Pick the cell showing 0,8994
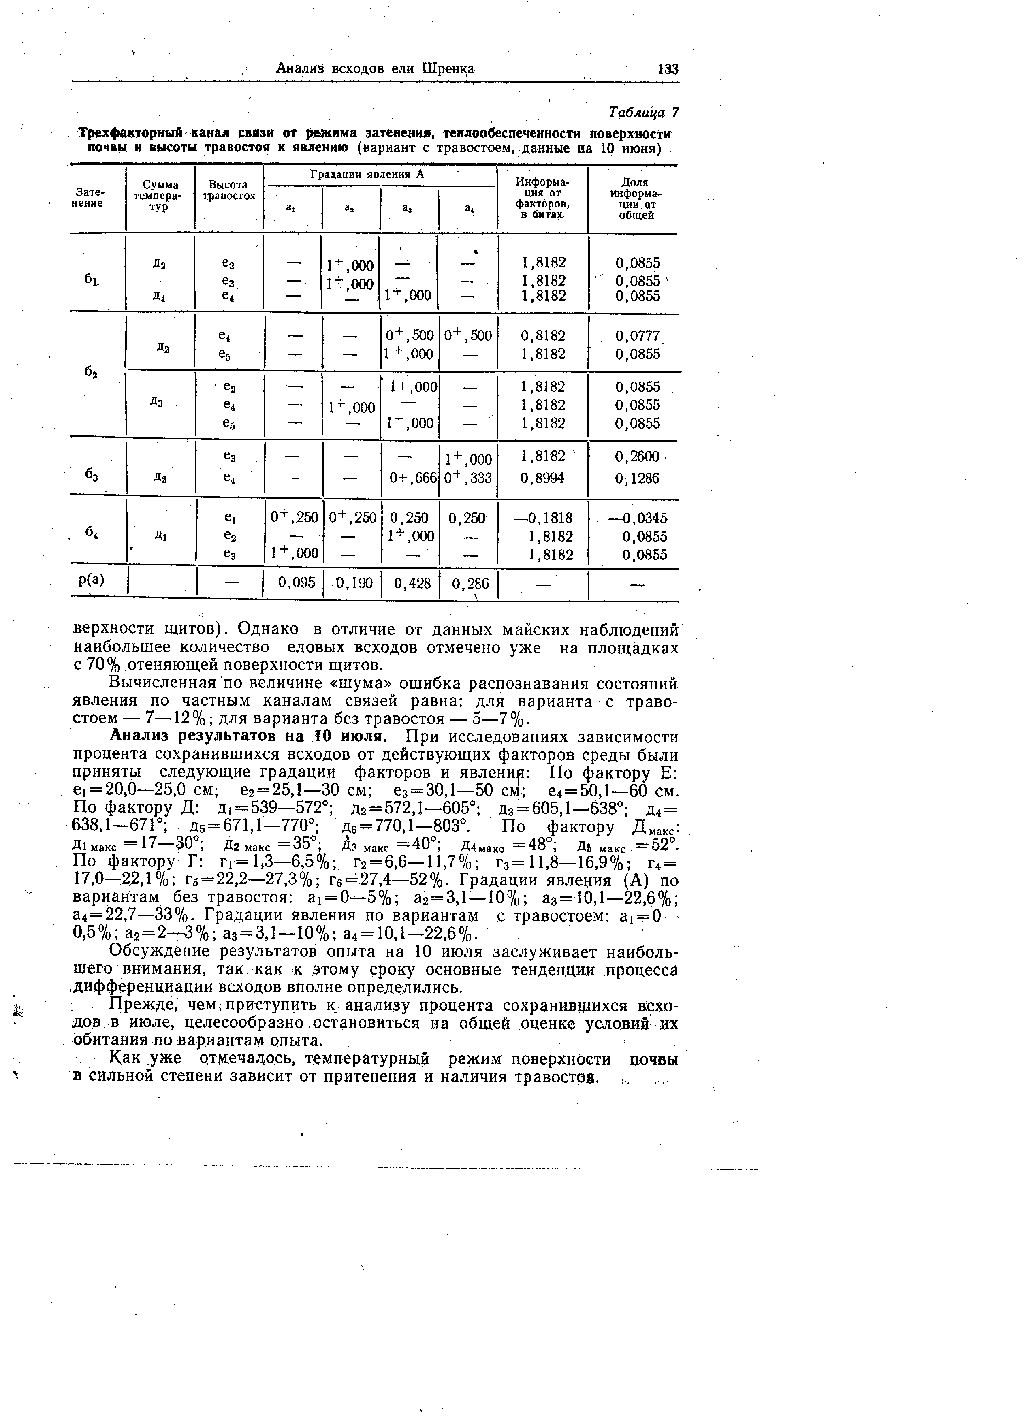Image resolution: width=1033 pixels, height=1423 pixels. tap(543, 478)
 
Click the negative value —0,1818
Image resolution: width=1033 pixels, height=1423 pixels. tap(542, 518)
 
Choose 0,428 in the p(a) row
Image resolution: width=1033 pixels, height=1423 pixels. tap(412, 584)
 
